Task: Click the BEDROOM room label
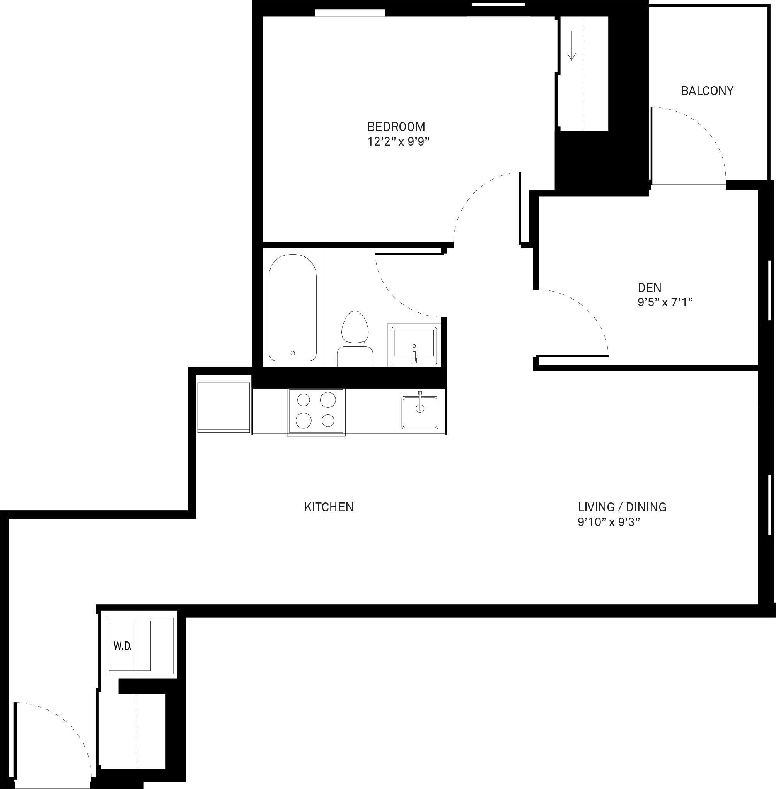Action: tap(396, 127)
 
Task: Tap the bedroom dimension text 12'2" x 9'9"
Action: tap(399, 142)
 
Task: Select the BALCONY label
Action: tap(707, 91)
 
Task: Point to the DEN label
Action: tap(649, 288)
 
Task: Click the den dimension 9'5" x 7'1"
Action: tap(665, 302)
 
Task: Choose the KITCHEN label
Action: tap(329, 507)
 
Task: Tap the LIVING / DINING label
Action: tap(622, 507)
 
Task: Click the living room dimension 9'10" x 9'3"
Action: tap(609, 522)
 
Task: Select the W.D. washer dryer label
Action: tap(123, 646)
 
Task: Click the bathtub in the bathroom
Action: tap(293, 308)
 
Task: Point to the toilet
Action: tap(355, 338)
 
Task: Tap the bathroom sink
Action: tap(414, 345)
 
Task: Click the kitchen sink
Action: tap(420, 412)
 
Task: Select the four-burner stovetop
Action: tap(316, 412)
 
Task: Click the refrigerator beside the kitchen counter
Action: tap(223, 407)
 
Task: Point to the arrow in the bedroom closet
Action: tap(571, 46)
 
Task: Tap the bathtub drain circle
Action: tap(293, 353)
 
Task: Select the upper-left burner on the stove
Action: tap(304, 400)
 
